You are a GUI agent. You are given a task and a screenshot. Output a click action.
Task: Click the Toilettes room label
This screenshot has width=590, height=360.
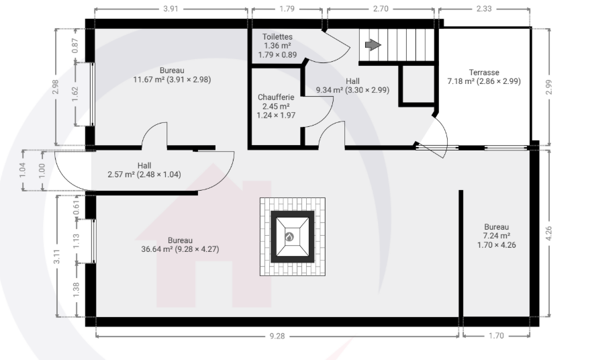(x=277, y=37)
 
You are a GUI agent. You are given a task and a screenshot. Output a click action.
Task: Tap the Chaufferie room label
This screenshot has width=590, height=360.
(x=276, y=97)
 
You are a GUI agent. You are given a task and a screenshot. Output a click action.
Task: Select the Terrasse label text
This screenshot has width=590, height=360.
(x=484, y=73)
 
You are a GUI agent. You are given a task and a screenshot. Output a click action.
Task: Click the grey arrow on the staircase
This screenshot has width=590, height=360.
(x=373, y=45)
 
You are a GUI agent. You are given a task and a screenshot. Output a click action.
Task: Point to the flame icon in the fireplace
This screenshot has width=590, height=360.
(x=289, y=237)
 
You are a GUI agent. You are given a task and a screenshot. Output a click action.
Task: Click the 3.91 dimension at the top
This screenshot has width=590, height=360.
(x=171, y=9)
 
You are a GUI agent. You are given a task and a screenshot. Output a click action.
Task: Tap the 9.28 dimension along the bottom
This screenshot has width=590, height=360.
(x=277, y=336)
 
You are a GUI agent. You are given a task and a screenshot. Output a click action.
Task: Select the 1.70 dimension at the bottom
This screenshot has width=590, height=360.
(x=496, y=336)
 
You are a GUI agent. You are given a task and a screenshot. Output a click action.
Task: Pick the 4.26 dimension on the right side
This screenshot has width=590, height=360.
(x=548, y=234)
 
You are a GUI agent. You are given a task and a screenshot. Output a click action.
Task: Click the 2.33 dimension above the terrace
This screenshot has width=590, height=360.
(x=484, y=9)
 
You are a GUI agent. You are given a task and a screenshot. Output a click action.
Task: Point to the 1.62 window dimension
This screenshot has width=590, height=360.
(x=75, y=94)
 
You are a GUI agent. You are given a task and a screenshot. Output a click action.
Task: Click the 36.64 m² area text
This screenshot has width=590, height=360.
(x=157, y=249)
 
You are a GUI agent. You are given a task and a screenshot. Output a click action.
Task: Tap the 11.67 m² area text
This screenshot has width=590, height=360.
(x=148, y=80)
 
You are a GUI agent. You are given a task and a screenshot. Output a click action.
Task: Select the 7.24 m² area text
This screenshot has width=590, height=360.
(x=496, y=236)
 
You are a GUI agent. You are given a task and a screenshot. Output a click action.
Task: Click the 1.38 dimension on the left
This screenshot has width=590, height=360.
(x=76, y=290)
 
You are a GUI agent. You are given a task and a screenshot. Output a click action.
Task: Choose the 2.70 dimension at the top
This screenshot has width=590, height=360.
(x=381, y=9)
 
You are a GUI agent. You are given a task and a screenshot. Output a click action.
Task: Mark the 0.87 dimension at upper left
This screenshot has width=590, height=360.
(x=75, y=46)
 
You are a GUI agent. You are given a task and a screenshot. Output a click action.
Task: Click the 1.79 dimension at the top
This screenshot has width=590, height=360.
(x=287, y=9)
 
